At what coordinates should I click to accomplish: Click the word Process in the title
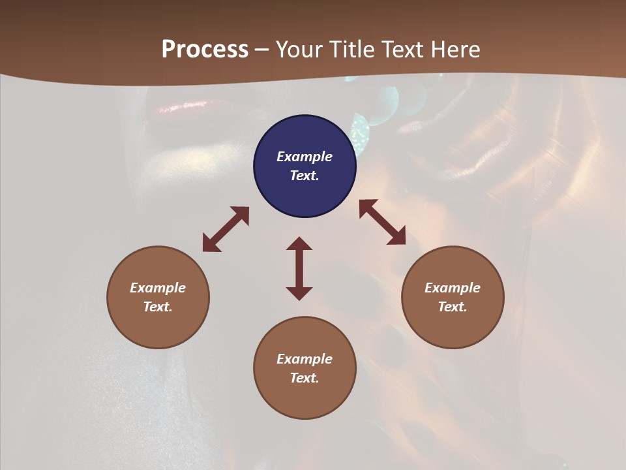205,50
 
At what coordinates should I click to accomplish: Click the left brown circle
158,326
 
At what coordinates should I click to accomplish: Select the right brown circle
453,326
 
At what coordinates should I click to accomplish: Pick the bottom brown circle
305,398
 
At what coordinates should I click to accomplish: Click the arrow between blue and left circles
226,229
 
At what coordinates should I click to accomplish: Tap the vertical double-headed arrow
299,268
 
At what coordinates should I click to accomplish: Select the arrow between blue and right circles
382,222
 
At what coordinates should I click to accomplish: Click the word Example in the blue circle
305,157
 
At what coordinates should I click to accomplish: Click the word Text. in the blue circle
305,176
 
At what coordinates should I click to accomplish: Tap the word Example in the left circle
158,288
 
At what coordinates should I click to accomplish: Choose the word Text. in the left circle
158,307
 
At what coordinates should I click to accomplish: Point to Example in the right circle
453,288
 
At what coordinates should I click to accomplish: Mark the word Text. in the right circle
453,307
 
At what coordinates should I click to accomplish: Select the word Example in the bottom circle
305,359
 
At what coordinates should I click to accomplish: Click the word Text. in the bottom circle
305,378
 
